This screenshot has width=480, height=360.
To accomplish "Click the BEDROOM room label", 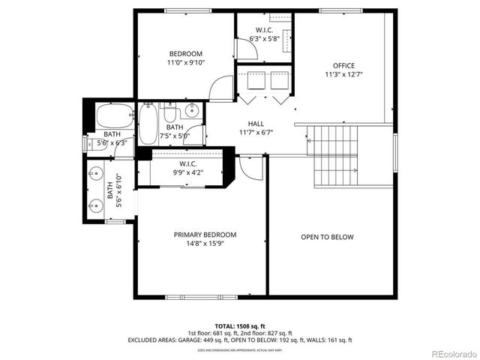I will click(x=184, y=53).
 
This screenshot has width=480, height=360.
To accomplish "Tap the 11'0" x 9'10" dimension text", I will click(x=184, y=63).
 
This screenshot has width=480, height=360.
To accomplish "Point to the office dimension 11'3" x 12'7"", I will click(x=344, y=75).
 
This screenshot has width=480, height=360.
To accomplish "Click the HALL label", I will click(x=256, y=124).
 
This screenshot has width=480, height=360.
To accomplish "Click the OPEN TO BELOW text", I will click(x=327, y=237).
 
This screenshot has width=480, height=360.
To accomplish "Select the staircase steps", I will click(x=334, y=157).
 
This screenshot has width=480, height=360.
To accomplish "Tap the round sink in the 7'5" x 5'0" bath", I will click(x=191, y=112).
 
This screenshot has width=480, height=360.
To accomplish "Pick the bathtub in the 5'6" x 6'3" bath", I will click(x=113, y=117).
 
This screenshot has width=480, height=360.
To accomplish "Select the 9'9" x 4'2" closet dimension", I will click(x=187, y=172).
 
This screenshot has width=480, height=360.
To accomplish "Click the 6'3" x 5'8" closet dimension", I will click(x=265, y=39).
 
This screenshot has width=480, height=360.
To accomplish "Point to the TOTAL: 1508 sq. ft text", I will click(x=239, y=326).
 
